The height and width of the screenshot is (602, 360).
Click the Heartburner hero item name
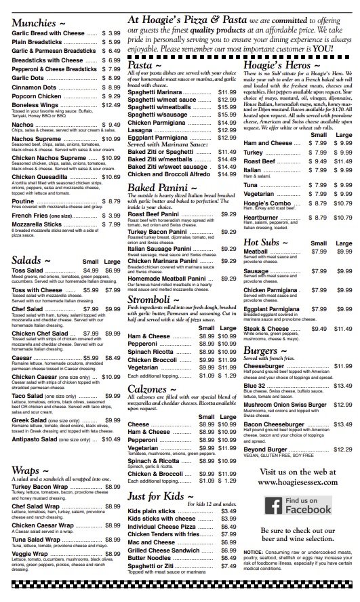pos(263,218)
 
